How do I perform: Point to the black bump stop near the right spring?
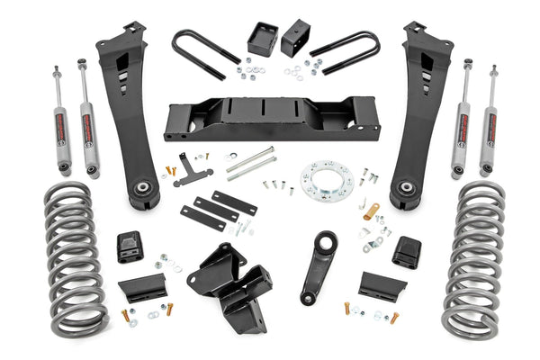coord(407,251)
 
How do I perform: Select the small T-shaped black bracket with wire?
coord(187,170)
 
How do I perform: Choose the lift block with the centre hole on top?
coord(294,38)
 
